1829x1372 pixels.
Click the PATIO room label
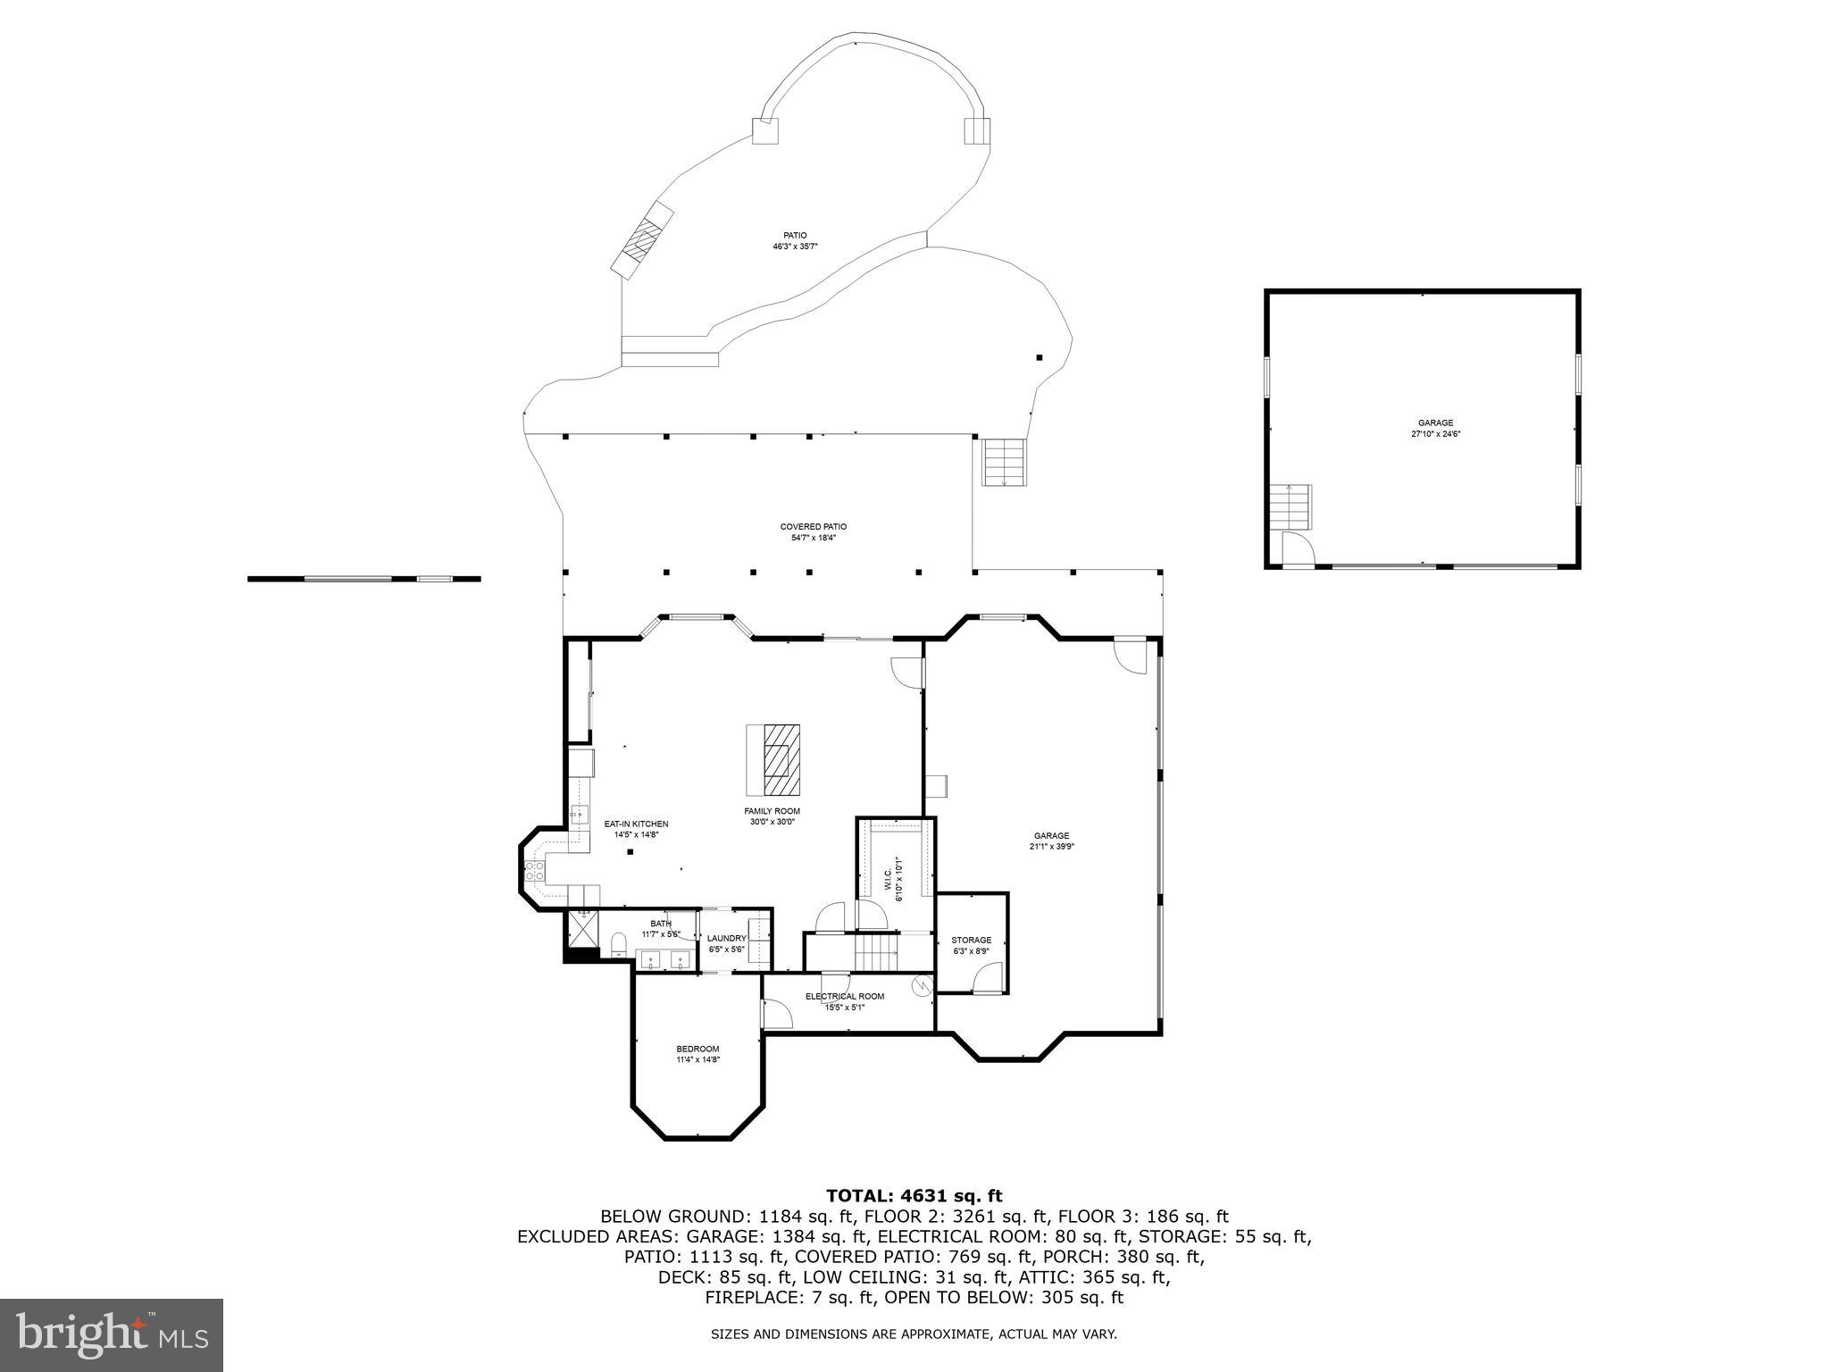tap(795, 236)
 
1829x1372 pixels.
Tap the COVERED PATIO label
tap(813, 527)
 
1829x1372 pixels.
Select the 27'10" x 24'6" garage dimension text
tap(1435, 434)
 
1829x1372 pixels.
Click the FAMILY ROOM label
tap(772, 811)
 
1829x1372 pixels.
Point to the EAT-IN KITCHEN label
tap(636, 824)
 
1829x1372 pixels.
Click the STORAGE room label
tap(971, 940)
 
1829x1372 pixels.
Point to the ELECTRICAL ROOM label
tap(844, 996)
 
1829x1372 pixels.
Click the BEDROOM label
tap(697, 1049)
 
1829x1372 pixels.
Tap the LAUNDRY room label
tap(726, 938)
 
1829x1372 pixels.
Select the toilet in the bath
tap(618, 945)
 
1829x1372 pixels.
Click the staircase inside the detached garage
tap(1290, 506)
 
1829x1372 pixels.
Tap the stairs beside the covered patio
tap(1005, 462)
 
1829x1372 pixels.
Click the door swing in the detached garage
tap(1296, 547)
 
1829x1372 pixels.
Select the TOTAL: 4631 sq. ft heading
tap(914, 1196)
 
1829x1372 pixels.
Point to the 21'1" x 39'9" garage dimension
tap(1051, 846)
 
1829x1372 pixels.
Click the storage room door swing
tap(987, 979)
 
